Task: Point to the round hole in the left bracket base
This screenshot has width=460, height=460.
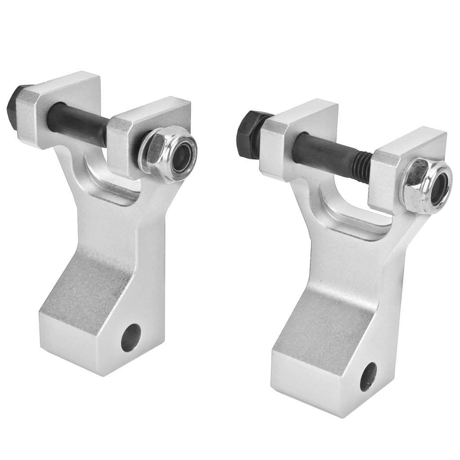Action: point(131,337)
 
